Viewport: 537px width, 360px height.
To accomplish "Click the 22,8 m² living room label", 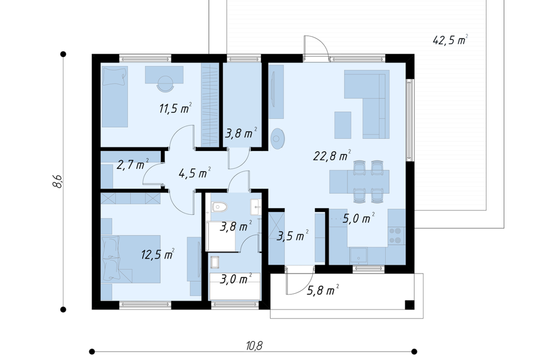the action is pyautogui.click(x=332, y=156).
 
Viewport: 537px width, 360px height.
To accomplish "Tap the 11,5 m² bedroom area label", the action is pyautogui.click(x=175, y=109).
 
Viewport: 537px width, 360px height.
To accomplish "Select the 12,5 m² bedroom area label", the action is pyautogui.click(x=157, y=254).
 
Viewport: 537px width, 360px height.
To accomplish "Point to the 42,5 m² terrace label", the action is pyautogui.click(x=450, y=40).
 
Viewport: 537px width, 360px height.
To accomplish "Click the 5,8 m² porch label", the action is pyautogui.click(x=323, y=291).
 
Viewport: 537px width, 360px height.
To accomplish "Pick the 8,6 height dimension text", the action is pyautogui.click(x=57, y=181).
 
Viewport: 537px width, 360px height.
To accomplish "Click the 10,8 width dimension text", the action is pyautogui.click(x=254, y=346).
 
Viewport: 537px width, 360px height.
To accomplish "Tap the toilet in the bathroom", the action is pyautogui.click(x=219, y=207).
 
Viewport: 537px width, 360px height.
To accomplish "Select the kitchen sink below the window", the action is pyautogui.click(x=358, y=256).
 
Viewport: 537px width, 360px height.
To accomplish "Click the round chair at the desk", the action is pyautogui.click(x=165, y=84).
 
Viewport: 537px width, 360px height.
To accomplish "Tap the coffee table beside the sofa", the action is pyautogui.click(x=342, y=125).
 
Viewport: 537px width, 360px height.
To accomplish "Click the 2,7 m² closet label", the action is pyautogui.click(x=133, y=165).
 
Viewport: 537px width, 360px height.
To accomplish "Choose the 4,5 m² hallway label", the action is pyautogui.click(x=194, y=173).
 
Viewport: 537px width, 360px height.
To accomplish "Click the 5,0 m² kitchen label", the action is pyautogui.click(x=358, y=218).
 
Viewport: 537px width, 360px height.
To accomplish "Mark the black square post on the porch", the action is pyautogui.click(x=409, y=305).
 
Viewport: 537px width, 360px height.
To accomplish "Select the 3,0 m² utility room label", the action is pyautogui.click(x=235, y=279).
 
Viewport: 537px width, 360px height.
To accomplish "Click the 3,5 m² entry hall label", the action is pyautogui.click(x=292, y=235).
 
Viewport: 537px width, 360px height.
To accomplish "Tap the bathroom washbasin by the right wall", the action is pyautogui.click(x=256, y=207).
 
